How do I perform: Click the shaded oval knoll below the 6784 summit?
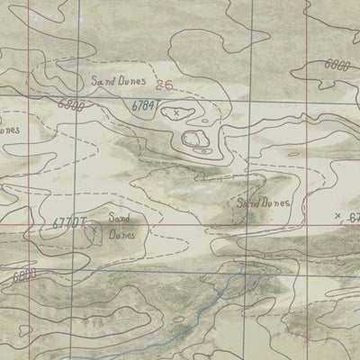tap(195, 138)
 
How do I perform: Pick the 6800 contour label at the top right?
tap(336, 66)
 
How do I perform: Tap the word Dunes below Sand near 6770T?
tap(121, 234)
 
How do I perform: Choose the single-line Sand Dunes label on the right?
tap(263, 203)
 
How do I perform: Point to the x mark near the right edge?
tap(337, 215)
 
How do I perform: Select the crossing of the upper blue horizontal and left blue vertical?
tap(78, 95)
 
